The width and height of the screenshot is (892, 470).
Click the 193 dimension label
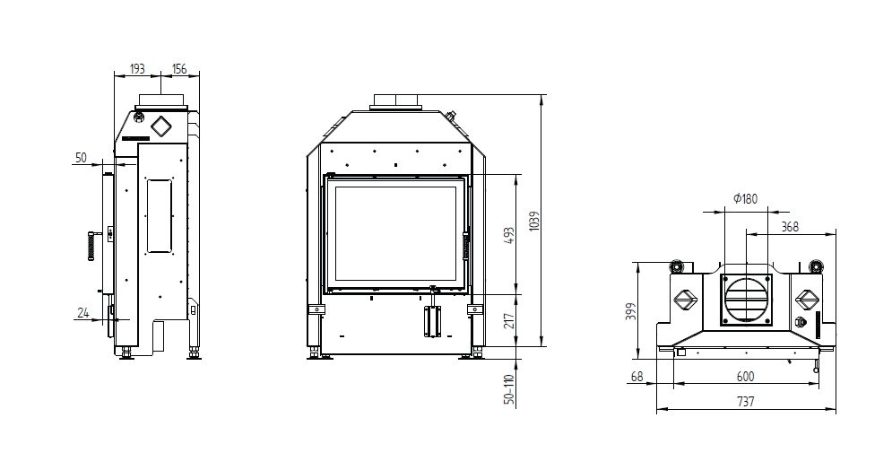(137, 69)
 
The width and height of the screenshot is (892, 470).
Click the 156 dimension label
(179, 69)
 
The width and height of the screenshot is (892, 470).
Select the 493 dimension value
(509, 236)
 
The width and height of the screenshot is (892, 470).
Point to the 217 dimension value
(509, 321)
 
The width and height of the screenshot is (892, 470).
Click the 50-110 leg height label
(509, 389)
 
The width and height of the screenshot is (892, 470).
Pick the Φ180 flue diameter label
(746, 198)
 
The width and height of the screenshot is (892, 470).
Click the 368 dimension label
(790, 226)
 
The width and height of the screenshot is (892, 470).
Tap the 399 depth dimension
(631, 310)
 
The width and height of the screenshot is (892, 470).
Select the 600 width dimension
(745, 377)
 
